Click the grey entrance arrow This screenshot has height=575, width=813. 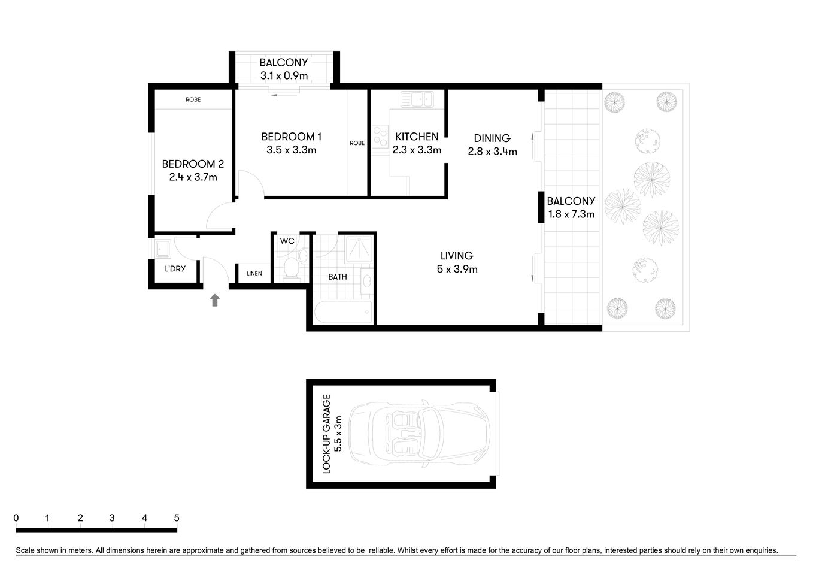coord(215,300)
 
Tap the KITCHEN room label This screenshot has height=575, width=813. coord(417,137)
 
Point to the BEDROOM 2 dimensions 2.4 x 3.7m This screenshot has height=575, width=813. coord(193,177)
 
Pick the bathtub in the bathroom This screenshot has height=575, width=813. coord(343,312)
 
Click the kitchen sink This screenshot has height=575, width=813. coord(417,99)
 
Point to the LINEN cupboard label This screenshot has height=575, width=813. coord(254,274)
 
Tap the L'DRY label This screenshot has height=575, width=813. coord(175,269)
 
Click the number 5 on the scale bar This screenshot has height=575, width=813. coord(176,518)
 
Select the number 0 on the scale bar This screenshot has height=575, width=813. coord(16,518)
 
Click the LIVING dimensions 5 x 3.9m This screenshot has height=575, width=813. coord(457,270)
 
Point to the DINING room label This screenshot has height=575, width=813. coord(492,138)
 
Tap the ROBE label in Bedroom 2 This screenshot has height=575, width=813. coord(193,99)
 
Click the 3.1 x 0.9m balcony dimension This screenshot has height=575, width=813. coord(284,75)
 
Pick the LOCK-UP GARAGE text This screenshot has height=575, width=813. coord(327,434)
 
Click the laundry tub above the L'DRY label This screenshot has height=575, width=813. coord(162,248)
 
